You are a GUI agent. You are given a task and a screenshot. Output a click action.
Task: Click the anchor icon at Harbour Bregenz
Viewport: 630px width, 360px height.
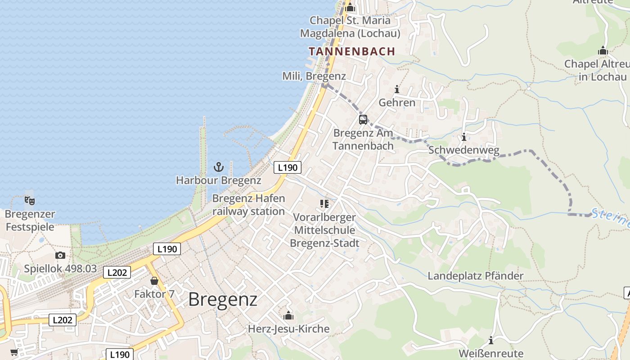click(x=218, y=167)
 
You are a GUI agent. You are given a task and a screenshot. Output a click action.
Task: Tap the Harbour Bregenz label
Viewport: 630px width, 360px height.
click(x=218, y=180)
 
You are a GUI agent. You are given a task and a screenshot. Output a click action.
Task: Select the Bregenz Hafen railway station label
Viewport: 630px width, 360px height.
click(x=248, y=205)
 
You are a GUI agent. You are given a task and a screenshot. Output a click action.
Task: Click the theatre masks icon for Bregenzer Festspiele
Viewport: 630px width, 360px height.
click(x=30, y=200)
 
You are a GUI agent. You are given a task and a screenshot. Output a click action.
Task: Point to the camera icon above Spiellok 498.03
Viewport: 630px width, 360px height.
click(x=60, y=256)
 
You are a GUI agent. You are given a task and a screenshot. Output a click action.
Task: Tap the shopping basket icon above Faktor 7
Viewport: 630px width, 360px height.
click(x=154, y=281)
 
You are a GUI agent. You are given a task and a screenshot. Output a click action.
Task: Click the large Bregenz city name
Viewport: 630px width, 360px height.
click(x=223, y=299)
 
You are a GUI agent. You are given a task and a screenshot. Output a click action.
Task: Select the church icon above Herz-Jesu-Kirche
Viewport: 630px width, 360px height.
click(x=288, y=315)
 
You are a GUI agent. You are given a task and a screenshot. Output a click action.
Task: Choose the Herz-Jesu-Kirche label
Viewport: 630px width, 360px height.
click(x=288, y=329)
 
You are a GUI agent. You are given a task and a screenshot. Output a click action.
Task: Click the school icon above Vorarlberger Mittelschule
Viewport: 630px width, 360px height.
click(x=324, y=204)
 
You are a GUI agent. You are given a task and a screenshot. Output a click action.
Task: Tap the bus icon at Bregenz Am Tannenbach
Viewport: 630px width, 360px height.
click(x=363, y=120)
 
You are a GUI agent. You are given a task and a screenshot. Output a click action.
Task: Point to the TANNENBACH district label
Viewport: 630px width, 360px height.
click(x=352, y=51)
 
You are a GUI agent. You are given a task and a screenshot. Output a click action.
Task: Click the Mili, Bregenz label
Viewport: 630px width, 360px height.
click(x=314, y=76)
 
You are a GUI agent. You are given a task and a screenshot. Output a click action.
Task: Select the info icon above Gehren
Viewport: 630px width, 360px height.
click(x=396, y=89)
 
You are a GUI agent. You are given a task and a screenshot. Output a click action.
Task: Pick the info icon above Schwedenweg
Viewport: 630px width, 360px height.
click(x=463, y=137)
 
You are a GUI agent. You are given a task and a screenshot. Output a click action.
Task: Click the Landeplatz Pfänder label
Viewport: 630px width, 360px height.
click(x=476, y=276)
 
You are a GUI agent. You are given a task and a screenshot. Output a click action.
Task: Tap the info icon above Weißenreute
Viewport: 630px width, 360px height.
click(x=491, y=340)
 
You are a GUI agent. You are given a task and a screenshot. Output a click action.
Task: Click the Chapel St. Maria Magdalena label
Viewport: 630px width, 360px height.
click(x=350, y=27)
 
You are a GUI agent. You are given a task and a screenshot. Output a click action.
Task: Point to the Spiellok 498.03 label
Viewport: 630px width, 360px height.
click(x=60, y=269)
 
